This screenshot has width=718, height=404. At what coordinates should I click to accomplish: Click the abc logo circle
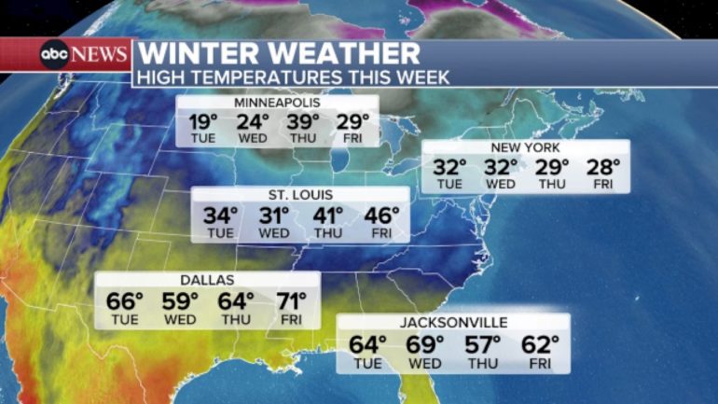[x=53, y=54]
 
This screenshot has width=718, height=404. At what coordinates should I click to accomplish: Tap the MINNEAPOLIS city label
[x=277, y=102]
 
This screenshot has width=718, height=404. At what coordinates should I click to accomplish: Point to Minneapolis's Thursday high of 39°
[x=302, y=121]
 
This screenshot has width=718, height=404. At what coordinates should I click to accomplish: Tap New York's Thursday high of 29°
[x=551, y=168]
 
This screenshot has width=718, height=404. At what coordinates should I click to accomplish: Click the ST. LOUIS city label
[x=299, y=195]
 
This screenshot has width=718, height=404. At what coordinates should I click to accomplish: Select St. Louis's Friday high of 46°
[x=380, y=216]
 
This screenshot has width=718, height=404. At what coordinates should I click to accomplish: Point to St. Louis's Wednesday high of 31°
[x=274, y=216]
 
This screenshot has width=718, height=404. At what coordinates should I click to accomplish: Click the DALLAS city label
[x=207, y=279]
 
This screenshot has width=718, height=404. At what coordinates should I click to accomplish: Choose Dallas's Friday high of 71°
[x=291, y=300]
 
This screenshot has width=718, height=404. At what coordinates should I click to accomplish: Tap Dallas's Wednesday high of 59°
[x=180, y=300]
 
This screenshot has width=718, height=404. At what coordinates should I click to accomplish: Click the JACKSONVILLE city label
[x=453, y=323]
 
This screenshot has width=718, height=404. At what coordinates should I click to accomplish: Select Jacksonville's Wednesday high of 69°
[x=425, y=344]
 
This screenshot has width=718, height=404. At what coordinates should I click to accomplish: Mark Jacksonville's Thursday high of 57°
[x=483, y=344]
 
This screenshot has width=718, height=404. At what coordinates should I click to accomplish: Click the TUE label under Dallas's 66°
[x=124, y=320]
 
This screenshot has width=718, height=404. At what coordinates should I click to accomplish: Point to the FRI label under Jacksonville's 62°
[x=540, y=364]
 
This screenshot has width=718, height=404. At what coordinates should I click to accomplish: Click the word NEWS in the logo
[x=99, y=54]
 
